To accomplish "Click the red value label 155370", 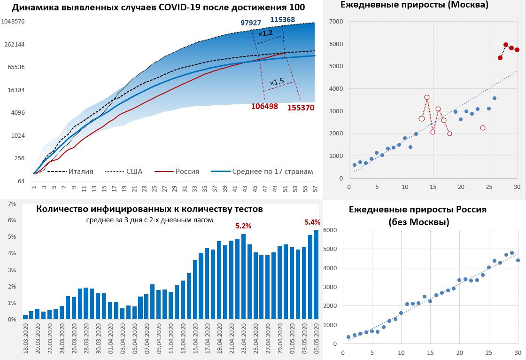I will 301,107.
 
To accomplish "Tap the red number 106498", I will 264,106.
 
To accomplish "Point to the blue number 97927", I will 250,23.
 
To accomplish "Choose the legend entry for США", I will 134,172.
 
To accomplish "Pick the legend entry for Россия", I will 187,172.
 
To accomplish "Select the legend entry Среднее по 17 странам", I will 272,172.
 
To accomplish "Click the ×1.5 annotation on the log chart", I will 276,82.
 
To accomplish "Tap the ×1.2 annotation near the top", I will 265,33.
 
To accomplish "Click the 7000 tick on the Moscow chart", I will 336,22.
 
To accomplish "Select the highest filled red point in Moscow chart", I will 506,45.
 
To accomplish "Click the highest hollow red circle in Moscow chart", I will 427,97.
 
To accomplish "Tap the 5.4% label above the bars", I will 312,222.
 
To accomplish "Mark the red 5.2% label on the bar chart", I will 243,226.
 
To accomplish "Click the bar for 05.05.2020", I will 316,275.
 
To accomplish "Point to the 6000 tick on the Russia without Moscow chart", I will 331,230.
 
